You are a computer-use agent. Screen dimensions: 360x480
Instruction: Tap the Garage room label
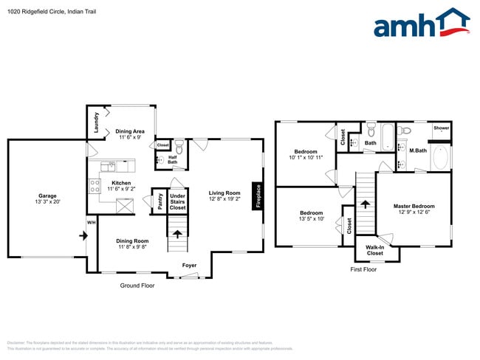[x=47, y=196]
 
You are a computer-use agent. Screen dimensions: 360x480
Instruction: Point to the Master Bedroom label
[x=414, y=206]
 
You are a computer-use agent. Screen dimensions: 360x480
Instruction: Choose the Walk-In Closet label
[x=374, y=250]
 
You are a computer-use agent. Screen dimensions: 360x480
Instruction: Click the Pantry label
[x=160, y=201]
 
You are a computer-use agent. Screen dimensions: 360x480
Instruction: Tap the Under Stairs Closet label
[x=177, y=203]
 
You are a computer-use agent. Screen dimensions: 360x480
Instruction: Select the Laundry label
[x=96, y=122]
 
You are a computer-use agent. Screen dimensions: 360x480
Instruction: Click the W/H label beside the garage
[x=92, y=222]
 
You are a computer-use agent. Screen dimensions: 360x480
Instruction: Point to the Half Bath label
[x=173, y=159]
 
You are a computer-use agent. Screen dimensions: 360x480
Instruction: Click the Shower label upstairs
[x=442, y=128]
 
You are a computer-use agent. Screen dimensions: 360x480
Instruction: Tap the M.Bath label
[x=418, y=150]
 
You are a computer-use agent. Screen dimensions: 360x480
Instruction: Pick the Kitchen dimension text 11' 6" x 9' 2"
[x=121, y=190]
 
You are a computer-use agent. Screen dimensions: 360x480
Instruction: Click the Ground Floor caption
[x=137, y=285]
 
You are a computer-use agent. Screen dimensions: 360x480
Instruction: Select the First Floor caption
[x=363, y=269]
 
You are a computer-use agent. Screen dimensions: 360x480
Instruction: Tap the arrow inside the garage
[x=83, y=235]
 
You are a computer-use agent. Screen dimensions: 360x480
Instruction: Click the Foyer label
[x=191, y=264]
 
